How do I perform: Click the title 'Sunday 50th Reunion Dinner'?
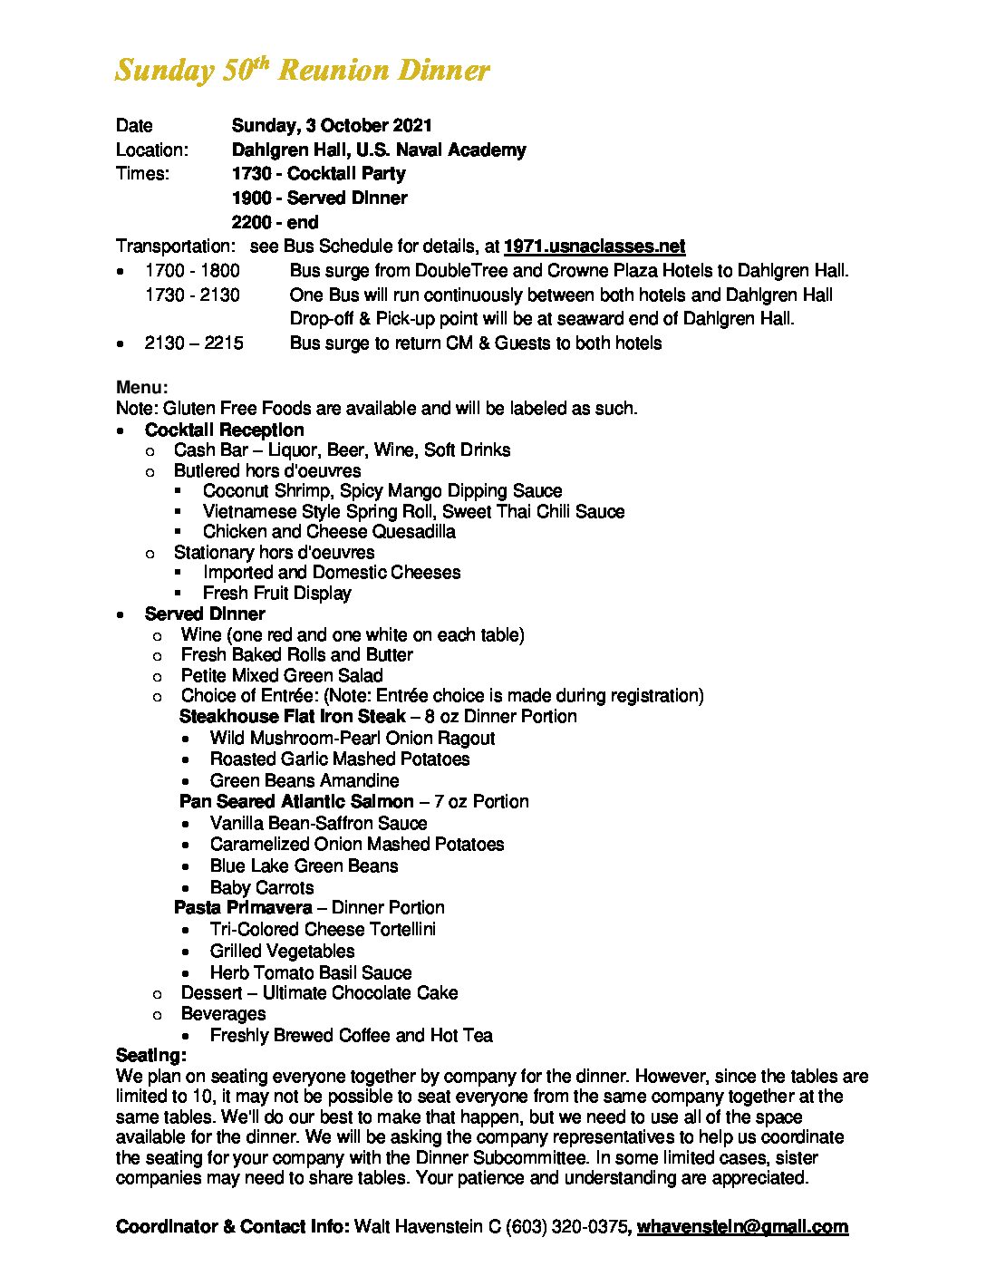click(302, 71)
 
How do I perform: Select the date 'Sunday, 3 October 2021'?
click(332, 125)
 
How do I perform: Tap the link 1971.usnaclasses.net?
click(594, 246)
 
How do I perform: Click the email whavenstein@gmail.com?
click(742, 1226)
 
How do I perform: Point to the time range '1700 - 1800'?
click(192, 270)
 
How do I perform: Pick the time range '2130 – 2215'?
click(194, 343)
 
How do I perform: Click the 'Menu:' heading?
click(142, 388)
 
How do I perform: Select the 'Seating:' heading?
click(151, 1055)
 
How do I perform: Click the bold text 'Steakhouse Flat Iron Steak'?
click(292, 716)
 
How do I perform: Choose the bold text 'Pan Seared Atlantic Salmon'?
click(296, 801)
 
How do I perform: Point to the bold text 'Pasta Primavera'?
click(243, 907)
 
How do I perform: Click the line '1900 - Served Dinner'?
click(319, 198)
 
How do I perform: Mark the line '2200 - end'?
click(275, 222)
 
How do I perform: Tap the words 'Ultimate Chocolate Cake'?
click(360, 992)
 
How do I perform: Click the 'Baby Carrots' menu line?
click(262, 887)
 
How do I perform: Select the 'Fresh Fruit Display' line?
click(276, 593)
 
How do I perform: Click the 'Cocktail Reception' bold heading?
click(224, 430)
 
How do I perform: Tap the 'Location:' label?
click(152, 150)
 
